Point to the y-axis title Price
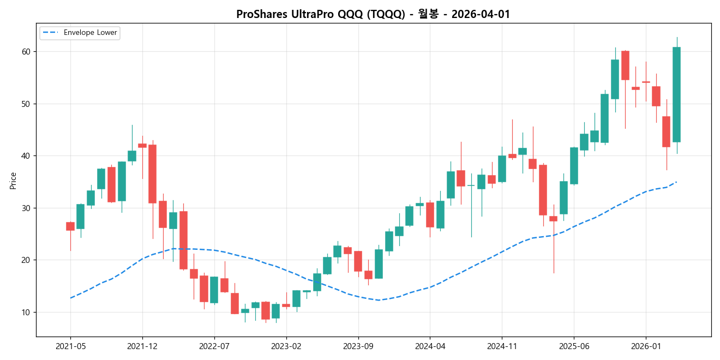13,181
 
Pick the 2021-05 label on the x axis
70,346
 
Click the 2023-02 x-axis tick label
286,346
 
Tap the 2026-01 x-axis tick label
646,346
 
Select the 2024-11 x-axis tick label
502,346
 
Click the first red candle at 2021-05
70,226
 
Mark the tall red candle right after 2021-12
153,173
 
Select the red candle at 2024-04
430,215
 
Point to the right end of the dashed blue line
676,182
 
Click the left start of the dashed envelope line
70,298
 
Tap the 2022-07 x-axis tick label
214,346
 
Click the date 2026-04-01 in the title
481,15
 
